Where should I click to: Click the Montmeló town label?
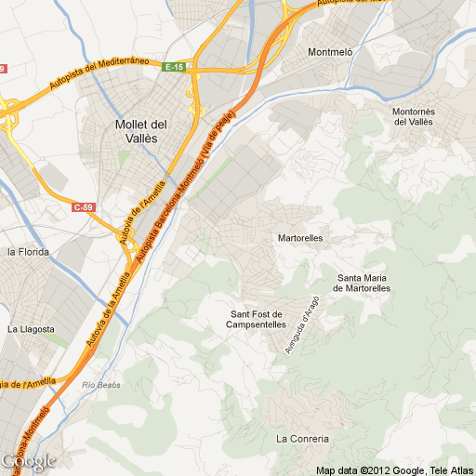(330, 53)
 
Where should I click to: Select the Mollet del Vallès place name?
(140, 130)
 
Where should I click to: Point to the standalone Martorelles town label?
(300, 238)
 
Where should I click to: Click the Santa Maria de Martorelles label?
(364, 283)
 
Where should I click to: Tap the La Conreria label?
(302, 438)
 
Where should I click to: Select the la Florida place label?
(28, 252)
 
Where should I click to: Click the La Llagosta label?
(31, 329)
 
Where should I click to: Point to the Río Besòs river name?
(103, 385)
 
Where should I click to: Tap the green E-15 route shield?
(175, 67)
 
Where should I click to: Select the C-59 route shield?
(84, 207)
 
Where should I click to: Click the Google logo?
(28, 461)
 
